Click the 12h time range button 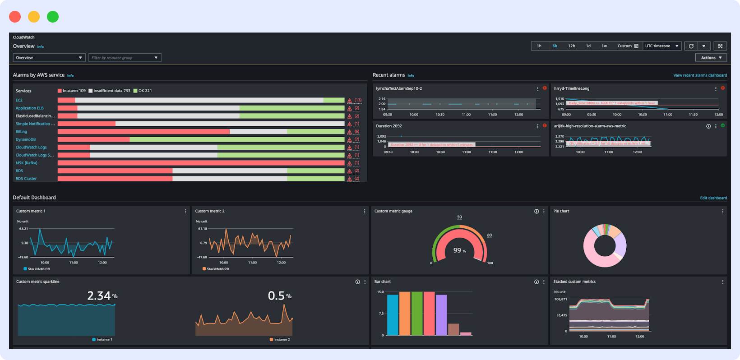pyautogui.click(x=571, y=46)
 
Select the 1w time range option pyautogui.click(x=604, y=46)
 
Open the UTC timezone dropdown pyautogui.click(x=661, y=46)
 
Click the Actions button pyautogui.click(x=711, y=58)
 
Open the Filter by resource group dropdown pyautogui.click(x=125, y=58)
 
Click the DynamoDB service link pyautogui.click(x=26, y=139)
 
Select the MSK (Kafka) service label pyautogui.click(x=27, y=163)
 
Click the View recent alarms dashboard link pyautogui.click(x=700, y=75)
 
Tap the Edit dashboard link pyautogui.click(x=713, y=198)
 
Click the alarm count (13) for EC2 pyautogui.click(x=357, y=100)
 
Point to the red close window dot pyautogui.click(x=15, y=17)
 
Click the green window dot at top pyautogui.click(x=53, y=17)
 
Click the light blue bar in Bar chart pyautogui.click(x=393, y=314)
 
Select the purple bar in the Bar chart pyautogui.click(x=441, y=314)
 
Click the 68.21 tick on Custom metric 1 pyautogui.click(x=23, y=229)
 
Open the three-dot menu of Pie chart pyautogui.click(x=722, y=211)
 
